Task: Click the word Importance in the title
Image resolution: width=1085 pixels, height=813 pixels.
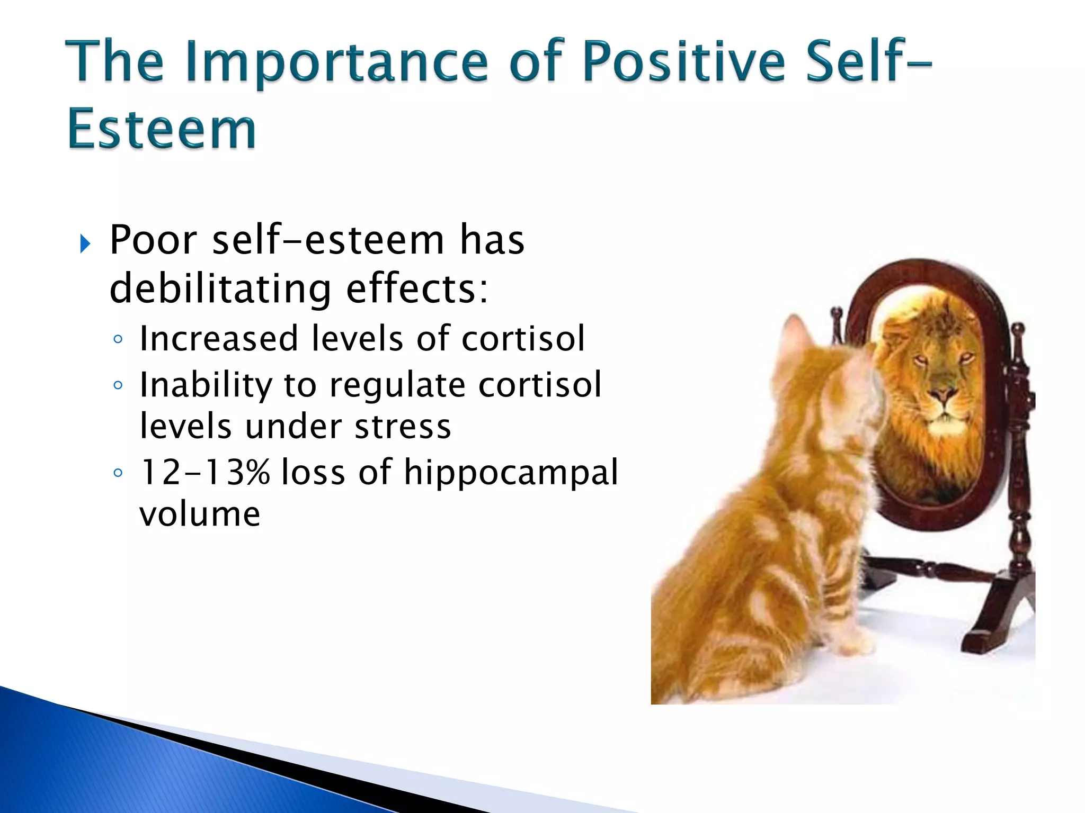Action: coord(336,62)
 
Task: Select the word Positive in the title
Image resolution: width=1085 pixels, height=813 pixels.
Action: coord(683,61)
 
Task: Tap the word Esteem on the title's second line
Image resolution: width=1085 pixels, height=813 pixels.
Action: coord(162,130)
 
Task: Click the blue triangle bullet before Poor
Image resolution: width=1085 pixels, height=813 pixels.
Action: coord(85,244)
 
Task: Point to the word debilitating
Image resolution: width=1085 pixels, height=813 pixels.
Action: coord(220,289)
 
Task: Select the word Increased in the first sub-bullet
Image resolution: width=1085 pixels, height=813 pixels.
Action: coord(219,338)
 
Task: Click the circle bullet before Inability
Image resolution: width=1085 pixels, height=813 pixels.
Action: coord(118,385)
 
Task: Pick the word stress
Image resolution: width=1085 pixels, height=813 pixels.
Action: coord(403,427)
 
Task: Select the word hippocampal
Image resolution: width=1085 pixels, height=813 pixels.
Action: coord(511,472)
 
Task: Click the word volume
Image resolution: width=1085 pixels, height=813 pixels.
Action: coord(200,514)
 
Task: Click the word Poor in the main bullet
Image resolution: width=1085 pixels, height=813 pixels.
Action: coord(153,240)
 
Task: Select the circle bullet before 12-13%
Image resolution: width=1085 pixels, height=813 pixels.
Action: coord(118,472)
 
